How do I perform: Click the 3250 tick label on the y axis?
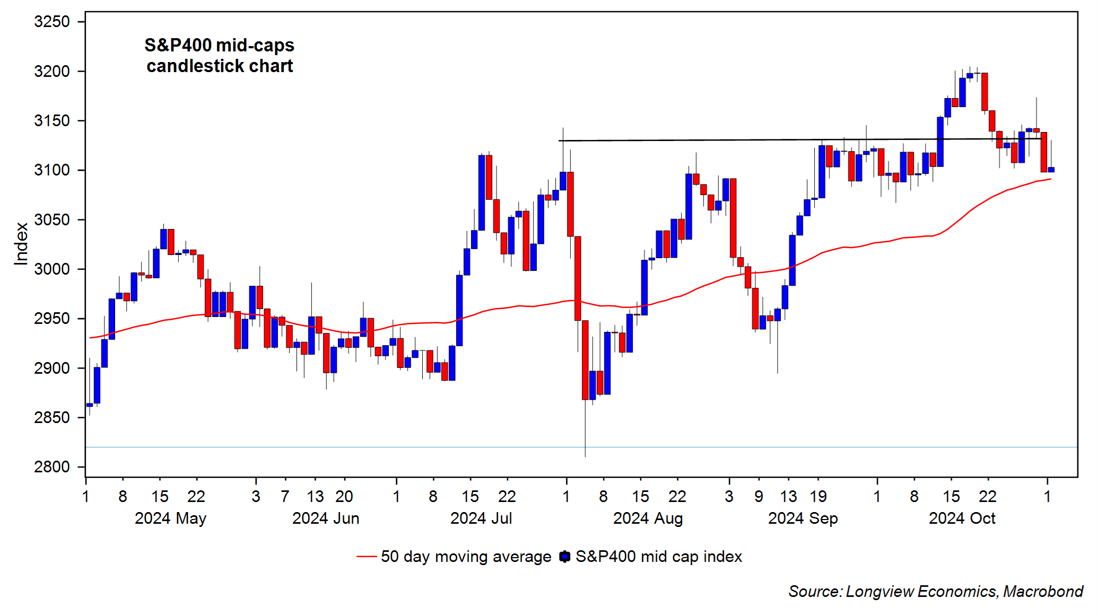coord(51,22)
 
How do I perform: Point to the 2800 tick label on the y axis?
coord(51,467)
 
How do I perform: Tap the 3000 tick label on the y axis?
coord(51,269)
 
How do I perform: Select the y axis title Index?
coord(21,243)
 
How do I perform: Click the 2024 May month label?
coord(170,518)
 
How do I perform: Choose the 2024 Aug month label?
coord(648,518)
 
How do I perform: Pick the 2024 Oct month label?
coord(962,518)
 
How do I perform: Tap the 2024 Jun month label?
coord(326,518)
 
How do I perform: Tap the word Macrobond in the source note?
coord(1043,592)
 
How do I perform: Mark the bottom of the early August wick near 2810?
coord(585,455)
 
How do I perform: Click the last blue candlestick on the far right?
coord(1051,170)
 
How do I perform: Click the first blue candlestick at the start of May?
coord(90,405)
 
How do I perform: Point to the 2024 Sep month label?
coord(803,518)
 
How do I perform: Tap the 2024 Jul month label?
coord(481,518)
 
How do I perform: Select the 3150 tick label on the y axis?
coord(51,121)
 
